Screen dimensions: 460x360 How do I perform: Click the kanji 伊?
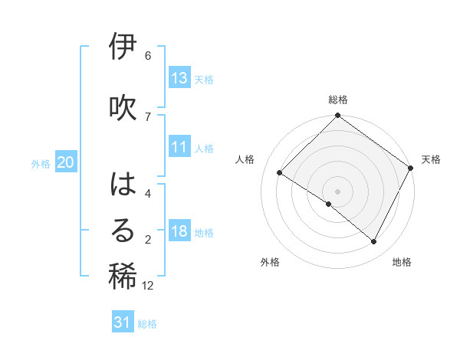click(123, 47)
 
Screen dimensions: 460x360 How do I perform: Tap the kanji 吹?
click(123, 107)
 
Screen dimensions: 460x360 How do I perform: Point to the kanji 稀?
click(123, 277)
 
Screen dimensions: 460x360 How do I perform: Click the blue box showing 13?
click(179, 78)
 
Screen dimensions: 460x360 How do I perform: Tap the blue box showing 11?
click(179, 148)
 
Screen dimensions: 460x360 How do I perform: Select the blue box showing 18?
click(179, 232)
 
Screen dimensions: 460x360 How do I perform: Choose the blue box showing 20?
click(66, 162)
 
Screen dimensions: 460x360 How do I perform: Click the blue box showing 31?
click(123, 322)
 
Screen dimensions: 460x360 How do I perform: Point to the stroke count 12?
click(148, 286)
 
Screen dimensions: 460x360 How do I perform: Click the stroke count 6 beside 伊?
click(148, 56)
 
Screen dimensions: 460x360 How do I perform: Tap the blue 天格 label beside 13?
click(204, 79)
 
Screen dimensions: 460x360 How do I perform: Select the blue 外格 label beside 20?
click(41, 163)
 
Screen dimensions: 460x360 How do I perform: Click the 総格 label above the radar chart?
click(338, 100)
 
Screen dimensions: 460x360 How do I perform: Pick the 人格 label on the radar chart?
click(245, 159)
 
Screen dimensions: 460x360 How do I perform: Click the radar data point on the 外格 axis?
click(329, 204)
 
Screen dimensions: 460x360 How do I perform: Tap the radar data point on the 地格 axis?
click(374, 242)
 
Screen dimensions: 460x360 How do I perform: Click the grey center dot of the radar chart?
click(337, 191)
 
